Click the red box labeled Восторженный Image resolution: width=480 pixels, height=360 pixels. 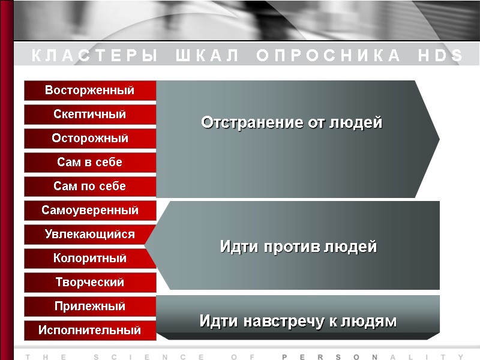tap(90, 91)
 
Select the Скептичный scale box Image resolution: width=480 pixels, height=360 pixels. tap(90, 115)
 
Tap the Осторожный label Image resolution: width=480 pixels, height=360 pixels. tap(90, 139)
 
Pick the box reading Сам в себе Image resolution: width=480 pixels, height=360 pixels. tap(90, 163)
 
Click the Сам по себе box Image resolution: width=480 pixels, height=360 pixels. tap(90, 187)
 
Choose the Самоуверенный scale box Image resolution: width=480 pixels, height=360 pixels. tap(90, 211)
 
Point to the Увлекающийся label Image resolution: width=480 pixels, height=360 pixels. tap(90, 235)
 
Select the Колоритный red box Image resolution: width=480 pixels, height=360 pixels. tap(90, 259)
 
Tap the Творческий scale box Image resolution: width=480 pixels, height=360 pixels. tap(90, 282)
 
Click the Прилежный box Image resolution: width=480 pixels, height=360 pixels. tap(90, 307)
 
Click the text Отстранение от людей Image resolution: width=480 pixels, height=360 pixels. tap(292, 123)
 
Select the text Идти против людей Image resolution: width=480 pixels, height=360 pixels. tap(298, 247)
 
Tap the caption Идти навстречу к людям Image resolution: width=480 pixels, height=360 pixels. tap(298, 322)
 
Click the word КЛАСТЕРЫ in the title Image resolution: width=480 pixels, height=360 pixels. tap(95, 56)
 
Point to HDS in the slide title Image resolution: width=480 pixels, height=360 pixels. tap(440, 56)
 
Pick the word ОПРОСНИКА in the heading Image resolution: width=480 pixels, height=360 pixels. tap(328, 56)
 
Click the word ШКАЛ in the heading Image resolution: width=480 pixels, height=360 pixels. tap(208, 56)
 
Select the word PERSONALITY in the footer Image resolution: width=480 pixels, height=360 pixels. tap(372, 357)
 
